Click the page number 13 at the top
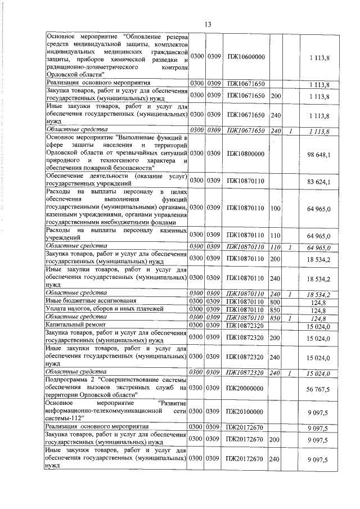(207, 24)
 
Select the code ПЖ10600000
(246, 57)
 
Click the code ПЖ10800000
(246, 153)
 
